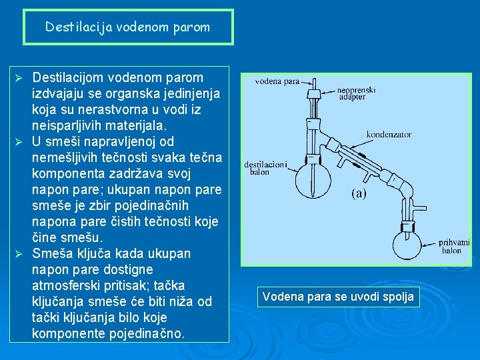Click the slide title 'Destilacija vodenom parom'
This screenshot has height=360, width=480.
pos(127,27)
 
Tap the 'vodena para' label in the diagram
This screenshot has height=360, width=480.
pos(277,82)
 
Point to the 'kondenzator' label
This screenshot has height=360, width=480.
pos(389,134)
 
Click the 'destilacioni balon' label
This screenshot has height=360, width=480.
pos(265,167)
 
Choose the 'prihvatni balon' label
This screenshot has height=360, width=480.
pos(454,246)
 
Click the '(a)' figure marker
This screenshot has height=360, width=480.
pos(359,195)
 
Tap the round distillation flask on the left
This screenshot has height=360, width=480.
pos(312,174)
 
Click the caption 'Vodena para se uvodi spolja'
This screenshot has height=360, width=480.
pos(338,296)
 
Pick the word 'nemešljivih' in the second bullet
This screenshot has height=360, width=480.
pos(65,157)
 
